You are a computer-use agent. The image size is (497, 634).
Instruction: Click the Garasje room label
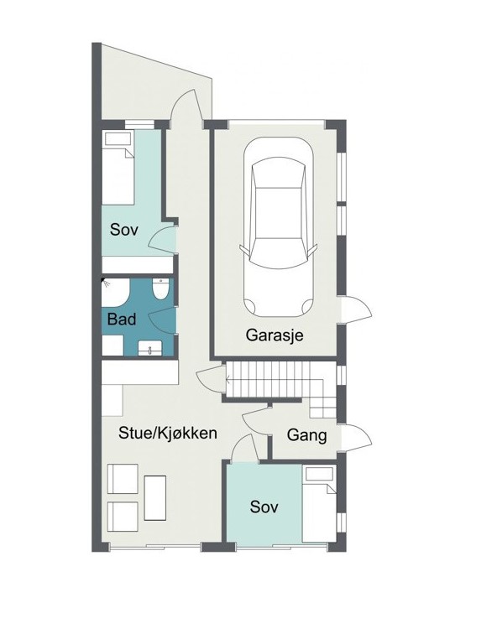tap(275, 335)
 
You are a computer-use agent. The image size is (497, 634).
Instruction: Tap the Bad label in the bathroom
tap(122, 320)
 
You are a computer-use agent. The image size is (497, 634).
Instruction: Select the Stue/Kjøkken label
tap(168, 433)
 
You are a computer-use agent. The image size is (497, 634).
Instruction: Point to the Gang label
tap(306, 435)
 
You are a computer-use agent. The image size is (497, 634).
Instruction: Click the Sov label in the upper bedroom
tap(124, 230)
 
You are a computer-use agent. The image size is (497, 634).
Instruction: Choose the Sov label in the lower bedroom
tap(264, 507)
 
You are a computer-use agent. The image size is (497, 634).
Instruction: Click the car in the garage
tap(279, 227)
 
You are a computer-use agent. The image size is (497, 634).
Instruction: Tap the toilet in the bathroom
tap(160, 289)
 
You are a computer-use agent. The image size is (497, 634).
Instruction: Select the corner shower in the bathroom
tap(114, 292)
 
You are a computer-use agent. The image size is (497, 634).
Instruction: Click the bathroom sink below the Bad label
tap(149, 348)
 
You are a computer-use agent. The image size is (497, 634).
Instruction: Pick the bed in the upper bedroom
tap(118, 167)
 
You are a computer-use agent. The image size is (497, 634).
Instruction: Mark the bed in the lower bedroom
tap(319, 503)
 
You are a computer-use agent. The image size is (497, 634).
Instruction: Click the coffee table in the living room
tap(155, 498)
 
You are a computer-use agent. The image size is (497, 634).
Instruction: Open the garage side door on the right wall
tap(356, 309)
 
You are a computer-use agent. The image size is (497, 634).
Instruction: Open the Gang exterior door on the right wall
tap(356, 438)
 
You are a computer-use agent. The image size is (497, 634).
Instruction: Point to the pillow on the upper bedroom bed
tap(118, 139)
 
